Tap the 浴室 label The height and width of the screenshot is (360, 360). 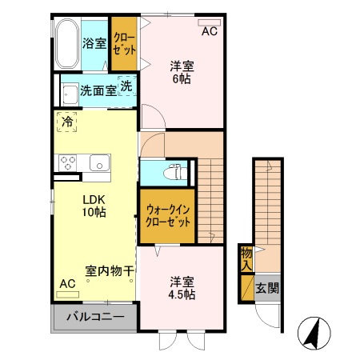click(x=94, y=42)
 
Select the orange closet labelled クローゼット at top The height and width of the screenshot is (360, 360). click(x=123, y=43)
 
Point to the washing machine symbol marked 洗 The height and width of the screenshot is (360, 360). click(x=126, y=86)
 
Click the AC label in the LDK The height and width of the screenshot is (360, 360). click(x=67, y=284)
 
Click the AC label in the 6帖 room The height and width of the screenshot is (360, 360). click(x=209, y=31)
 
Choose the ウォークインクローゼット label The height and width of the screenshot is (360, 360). click(x=168, y=216)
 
